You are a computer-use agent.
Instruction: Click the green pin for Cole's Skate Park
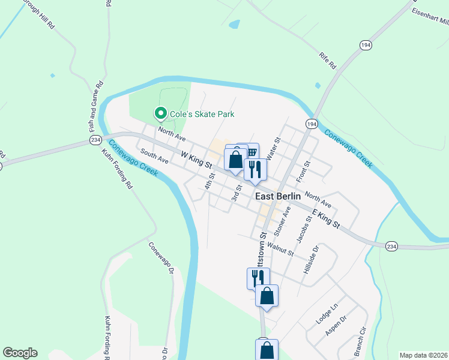pyautogui.click(x=160, y=113)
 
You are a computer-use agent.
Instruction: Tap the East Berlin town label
pyautogui.click(x=282, y=196)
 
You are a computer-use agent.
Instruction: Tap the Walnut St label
pyautogui.click(x=280, y=248)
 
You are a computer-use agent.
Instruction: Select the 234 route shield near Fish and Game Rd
pyautogui.click(x=95, y=139)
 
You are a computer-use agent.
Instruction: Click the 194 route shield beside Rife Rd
pyautogui.click(x=365, y=45)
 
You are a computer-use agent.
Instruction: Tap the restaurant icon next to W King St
pyautogui.click(x=255, y=169)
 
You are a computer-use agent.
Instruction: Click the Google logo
pyautogui.click(x=20, y=353)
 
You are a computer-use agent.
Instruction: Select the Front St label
pyautogui.click(x=303, y=172)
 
